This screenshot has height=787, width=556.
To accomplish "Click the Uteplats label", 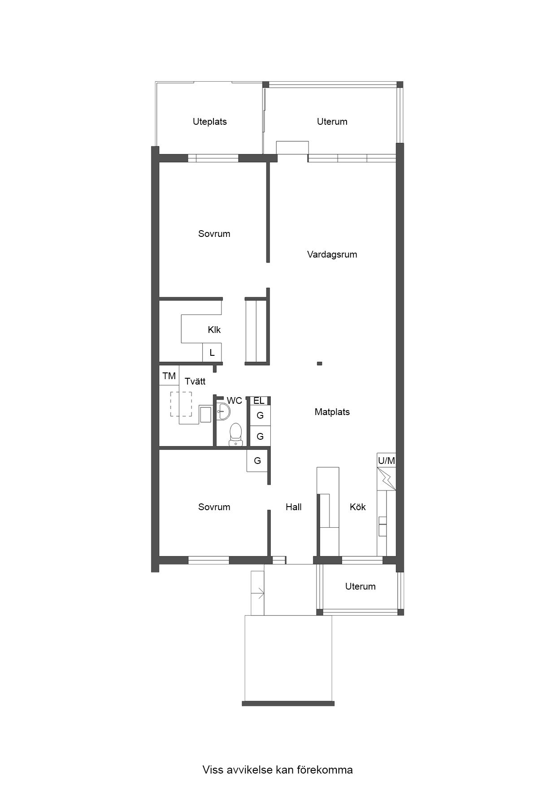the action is (x=210, y=122).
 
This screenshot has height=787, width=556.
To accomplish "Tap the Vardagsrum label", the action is (x=332, y=255).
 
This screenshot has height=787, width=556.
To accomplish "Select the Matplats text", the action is (x=332, y=412).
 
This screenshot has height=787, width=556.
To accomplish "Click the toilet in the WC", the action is (x=235, y=434).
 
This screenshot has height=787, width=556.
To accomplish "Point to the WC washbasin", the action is (x=223, y=410).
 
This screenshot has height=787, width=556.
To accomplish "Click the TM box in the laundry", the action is (x=169, y=376).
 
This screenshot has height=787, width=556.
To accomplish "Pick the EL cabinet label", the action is (x=259, y=401).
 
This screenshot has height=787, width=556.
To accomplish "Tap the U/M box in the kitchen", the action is (x=387, y=460).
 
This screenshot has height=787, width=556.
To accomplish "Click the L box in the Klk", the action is (x=212, y=353).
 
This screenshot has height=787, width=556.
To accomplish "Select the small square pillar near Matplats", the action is (x=319, y=363).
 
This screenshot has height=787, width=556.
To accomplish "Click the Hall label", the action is (x=294, y=507).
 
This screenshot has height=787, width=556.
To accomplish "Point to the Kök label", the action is (x=358, y=507).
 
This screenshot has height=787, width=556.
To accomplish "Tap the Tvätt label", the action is (x=195, y=381).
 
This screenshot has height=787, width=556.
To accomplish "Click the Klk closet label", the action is (x=214, y=330).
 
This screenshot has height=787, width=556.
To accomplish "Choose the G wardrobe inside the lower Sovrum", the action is (x=257, y=461).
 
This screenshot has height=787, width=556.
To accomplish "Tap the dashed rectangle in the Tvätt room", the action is (x=181, y=404).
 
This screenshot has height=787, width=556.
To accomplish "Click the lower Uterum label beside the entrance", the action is (x=361, y=586).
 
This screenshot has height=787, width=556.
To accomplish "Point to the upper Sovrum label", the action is (x=214, y=234).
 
